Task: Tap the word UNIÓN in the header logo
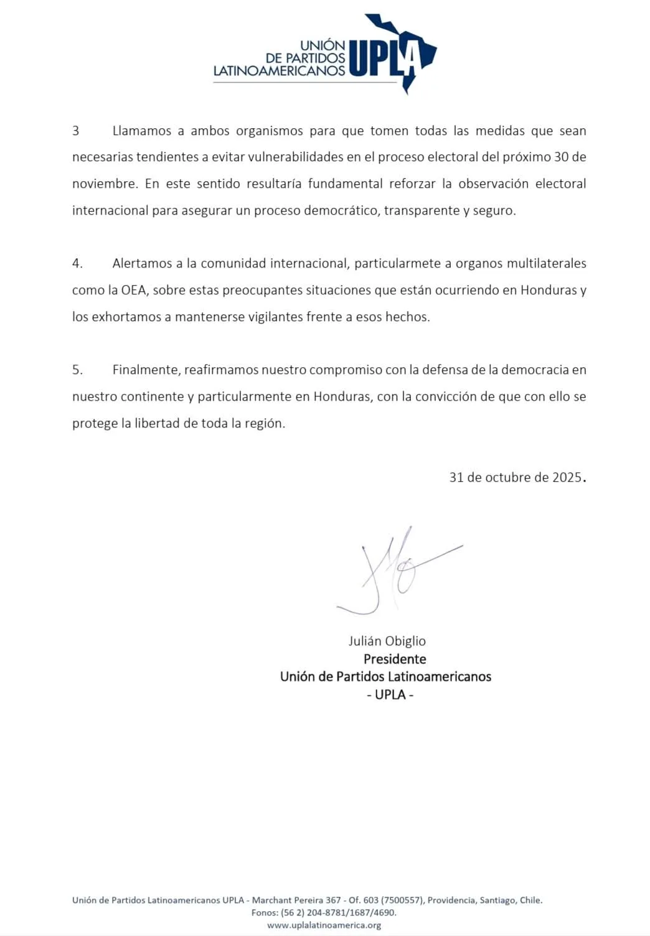click(323, 45)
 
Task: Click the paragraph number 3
click(76, 131)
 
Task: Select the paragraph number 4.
click(77, 263)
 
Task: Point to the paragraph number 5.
click(77, 370)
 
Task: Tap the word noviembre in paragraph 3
click(104, 184)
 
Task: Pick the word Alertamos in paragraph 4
click(141, 263)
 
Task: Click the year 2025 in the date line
click(567, 477)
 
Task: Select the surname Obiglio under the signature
click(405, 641)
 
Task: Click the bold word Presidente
click(395, 659)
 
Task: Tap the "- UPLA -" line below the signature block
click(390, 695)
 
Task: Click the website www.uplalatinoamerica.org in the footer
click(324, 925)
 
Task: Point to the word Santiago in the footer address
click(497, 900)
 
